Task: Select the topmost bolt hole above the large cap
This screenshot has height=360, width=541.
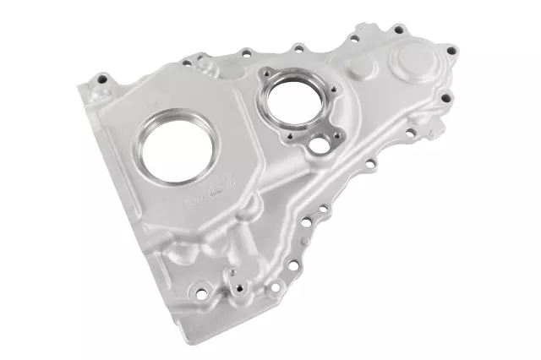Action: (398, 31)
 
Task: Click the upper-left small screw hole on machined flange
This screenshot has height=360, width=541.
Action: (265, 82)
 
